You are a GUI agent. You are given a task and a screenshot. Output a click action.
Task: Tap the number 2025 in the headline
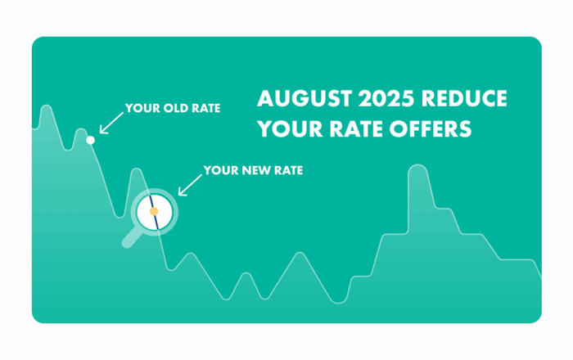386,98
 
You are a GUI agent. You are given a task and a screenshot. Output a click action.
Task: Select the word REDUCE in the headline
464,98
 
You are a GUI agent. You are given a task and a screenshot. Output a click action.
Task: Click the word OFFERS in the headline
431,129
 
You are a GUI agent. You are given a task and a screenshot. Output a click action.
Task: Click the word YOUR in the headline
290,129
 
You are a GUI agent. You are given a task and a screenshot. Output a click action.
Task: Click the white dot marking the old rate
90,140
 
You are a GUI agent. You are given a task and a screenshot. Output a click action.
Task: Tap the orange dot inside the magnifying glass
154,211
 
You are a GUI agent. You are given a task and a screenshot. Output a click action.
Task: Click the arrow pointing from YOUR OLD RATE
111,123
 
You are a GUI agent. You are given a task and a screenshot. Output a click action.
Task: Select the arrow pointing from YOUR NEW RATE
190,185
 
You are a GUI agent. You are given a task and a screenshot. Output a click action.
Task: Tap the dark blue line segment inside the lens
154,212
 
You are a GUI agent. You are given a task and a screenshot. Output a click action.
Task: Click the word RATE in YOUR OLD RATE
206,108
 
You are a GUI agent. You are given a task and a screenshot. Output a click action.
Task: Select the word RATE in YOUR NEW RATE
289,170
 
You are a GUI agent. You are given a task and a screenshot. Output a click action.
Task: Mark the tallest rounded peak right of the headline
417,166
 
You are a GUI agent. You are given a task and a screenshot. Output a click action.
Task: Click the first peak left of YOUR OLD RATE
81,129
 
